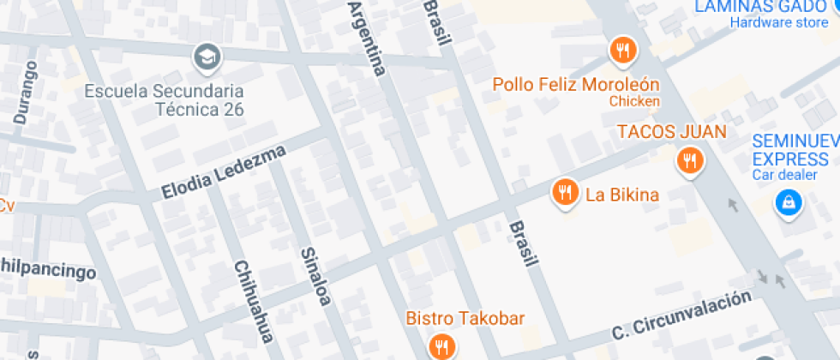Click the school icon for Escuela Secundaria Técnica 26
point(207,58)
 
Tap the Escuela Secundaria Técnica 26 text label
point(164,99)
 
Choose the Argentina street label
point(364,39)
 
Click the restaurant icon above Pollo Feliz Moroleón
point(623,51)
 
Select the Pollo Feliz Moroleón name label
point(575,84)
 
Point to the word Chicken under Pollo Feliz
point(634,101)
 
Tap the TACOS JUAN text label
point(672,132)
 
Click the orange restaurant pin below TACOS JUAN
point(688,160)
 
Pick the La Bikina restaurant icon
point(563,193)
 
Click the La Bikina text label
point(621,195)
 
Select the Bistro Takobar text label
point(465,319)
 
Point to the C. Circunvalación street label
point(681,315)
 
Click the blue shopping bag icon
point(786,203)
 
